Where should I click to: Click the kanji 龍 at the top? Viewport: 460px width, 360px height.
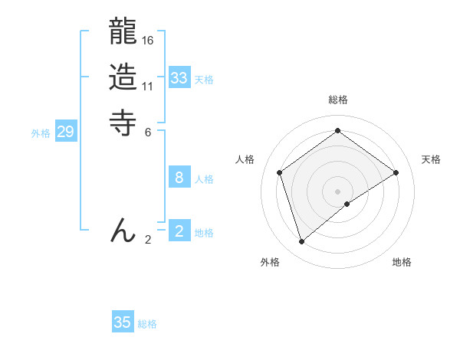point(123,32)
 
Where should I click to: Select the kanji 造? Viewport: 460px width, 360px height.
point(123,77)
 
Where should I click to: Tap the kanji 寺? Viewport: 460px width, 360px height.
point(123,123)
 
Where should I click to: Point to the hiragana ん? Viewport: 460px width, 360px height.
point(123,231)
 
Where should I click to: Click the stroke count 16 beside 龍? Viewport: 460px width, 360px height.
point(148,40)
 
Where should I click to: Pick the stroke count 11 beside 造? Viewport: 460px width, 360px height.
point(148,86)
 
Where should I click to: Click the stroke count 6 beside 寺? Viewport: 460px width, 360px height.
point(148,131)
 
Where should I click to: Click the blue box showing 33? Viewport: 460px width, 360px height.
point(179,78)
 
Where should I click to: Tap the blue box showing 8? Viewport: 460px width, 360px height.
point(179,178)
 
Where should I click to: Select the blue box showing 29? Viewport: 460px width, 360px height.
point(66,132)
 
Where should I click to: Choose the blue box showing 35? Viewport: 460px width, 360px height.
point(123,322)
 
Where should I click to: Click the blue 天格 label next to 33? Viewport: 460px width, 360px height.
point(204,80)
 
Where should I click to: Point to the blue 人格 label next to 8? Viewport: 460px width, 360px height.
point(204,179)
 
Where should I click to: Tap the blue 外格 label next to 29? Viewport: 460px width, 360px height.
point(41,133)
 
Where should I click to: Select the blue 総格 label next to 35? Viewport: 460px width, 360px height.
point(147,324)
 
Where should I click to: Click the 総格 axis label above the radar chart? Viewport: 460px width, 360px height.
point(337,100)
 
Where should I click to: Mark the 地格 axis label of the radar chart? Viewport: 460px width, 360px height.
point(402,262)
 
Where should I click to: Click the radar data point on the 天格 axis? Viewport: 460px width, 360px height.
point(396,172)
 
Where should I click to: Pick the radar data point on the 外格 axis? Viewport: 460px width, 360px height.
point(302,242)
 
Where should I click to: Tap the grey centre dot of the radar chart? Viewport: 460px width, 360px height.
point(337,191)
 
